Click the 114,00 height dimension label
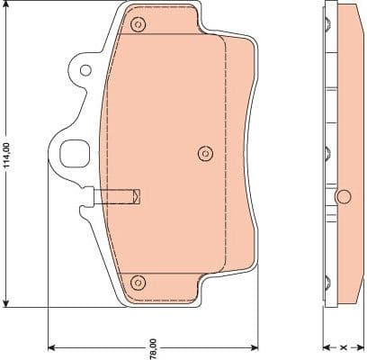tap(6, 156)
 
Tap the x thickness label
tap(343, 346)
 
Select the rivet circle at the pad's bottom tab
tap(137, 283)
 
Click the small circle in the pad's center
tap(203, 152)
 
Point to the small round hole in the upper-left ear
tap(84, 68)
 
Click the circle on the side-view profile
tap(343, 196)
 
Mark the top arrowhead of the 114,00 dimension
tap(6, 7)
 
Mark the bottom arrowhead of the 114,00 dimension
tap(6, 303)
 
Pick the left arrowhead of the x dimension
tap(327, 346)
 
